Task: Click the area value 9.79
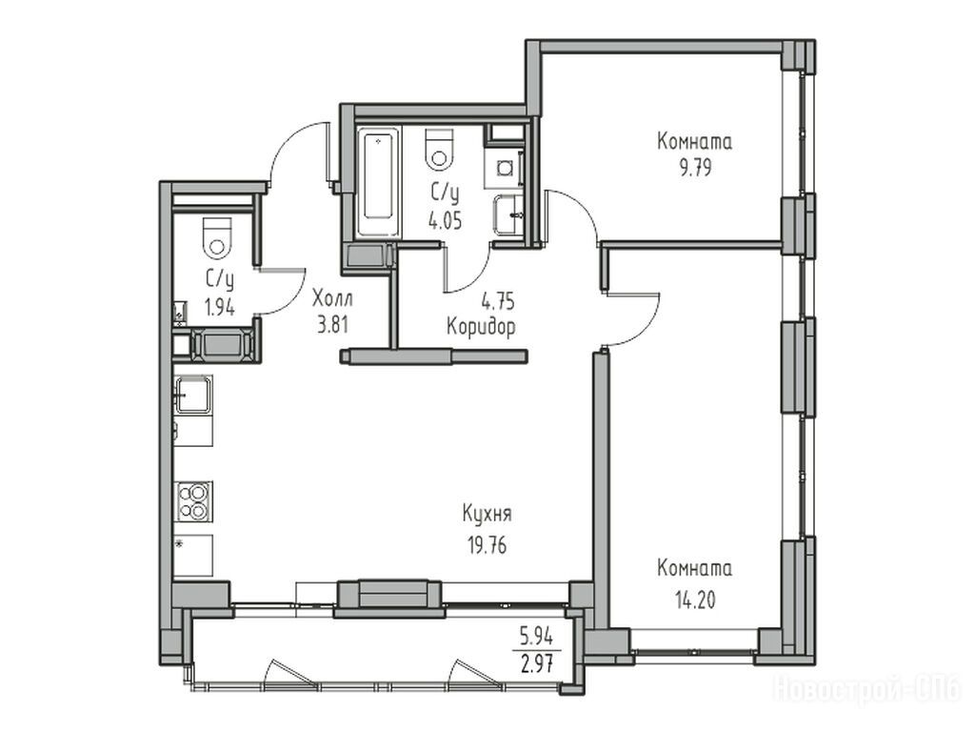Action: point(695,168)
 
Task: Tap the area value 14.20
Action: point(695,600)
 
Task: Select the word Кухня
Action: point(487,514)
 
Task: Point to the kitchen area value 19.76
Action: point(487,545)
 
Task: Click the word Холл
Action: point(332,298)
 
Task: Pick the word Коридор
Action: point(481,326)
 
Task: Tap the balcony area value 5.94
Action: point(537,637)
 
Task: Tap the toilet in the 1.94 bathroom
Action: point(217,236)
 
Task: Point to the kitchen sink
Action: point(192,394)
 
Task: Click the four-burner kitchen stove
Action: point(193,501)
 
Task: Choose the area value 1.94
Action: point(220,308)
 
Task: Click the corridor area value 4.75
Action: point(498,301)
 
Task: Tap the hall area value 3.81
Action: point(332,326)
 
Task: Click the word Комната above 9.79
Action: point(694,141)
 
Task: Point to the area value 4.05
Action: point(445,220)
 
